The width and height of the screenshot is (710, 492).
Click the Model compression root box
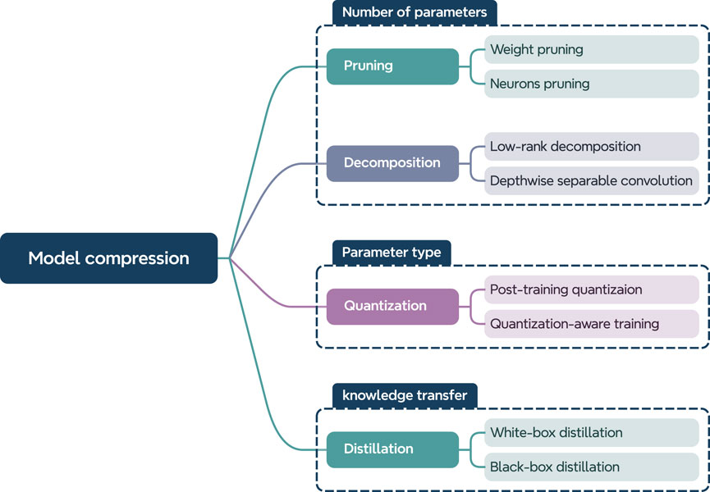108,258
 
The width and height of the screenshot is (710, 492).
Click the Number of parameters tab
414,12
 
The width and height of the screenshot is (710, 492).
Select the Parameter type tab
391,253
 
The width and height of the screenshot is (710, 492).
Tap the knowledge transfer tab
404,395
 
